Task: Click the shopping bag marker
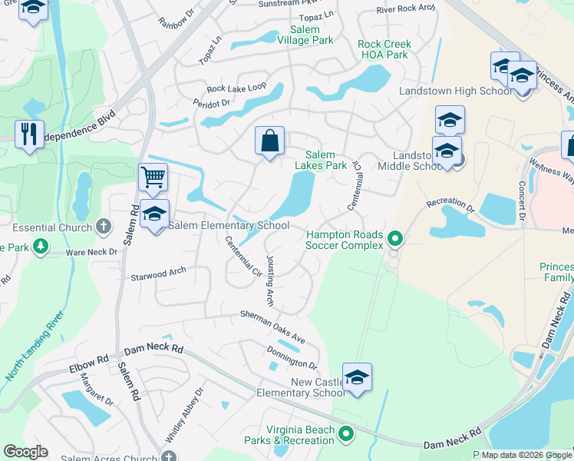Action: coord(269,141)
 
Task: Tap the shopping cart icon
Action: coord(153,178)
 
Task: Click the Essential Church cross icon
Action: coord(104,227)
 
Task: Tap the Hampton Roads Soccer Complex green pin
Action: coord(394,239)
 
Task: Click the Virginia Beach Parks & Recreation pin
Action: coord(346,435)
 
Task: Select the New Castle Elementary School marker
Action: coord(357,378)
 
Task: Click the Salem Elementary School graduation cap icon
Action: coord(155,215)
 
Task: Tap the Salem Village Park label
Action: coord(305,35)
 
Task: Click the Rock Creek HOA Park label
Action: coord(384,49)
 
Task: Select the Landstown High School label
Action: coord(456,91)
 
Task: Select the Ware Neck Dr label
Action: coord(91,251)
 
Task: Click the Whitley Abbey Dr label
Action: coord(184,414)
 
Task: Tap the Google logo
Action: coord(25,452)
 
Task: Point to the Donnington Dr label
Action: coord(291,358)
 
